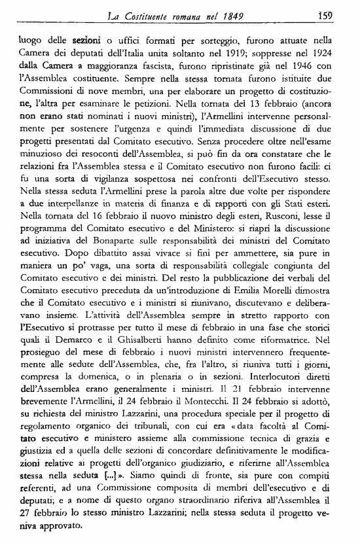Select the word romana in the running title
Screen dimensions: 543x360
tap(187, 10)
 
